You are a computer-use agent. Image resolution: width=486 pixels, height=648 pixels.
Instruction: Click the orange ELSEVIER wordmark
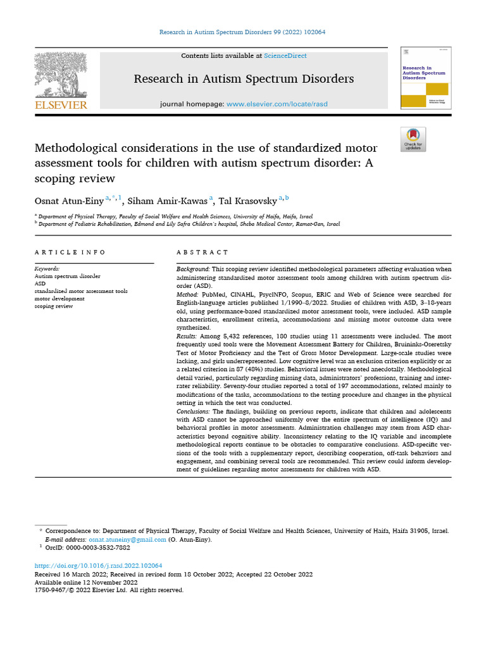60,105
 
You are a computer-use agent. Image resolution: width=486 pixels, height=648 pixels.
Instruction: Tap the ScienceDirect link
285,56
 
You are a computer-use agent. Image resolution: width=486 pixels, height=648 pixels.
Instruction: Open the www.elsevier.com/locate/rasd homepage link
277,104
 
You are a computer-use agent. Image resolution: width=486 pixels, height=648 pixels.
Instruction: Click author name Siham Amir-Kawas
168,201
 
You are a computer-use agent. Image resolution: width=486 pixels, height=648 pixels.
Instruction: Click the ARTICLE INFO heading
70,252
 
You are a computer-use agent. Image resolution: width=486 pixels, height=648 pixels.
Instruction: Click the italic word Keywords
47,268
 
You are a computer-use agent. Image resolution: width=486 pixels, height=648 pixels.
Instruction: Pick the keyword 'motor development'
59,299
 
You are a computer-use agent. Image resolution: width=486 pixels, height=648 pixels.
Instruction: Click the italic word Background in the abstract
192,269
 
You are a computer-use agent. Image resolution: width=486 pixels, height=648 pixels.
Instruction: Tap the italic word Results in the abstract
187,337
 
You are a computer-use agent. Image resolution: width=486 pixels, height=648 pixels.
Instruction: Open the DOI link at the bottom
98,566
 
